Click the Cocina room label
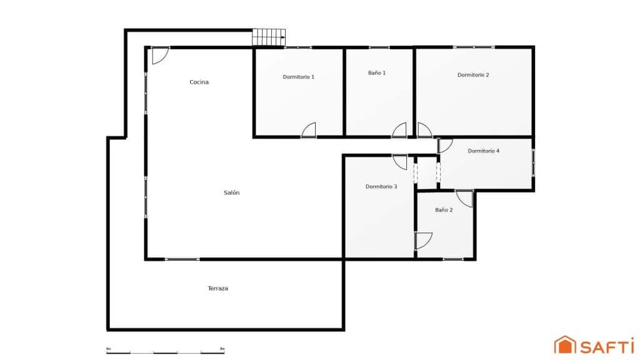point(199,82)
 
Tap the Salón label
point(231,192)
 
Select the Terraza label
point(217,289)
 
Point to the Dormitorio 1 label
point(298,77)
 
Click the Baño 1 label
point(377,73)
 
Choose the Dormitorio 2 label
point(473,75)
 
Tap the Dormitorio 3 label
point(381,186)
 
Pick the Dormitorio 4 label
point(483,151)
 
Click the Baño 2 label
point(444,210)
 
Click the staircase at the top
point(269,37)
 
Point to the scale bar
point(166,352)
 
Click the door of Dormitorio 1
point(309,130)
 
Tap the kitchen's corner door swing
point(160,55)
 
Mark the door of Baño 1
point(399,130)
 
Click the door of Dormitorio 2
point(424,130)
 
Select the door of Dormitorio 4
point(445,146)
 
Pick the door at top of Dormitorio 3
point(400,161)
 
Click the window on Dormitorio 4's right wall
point(533,162)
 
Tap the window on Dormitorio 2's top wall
point(473,47)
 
